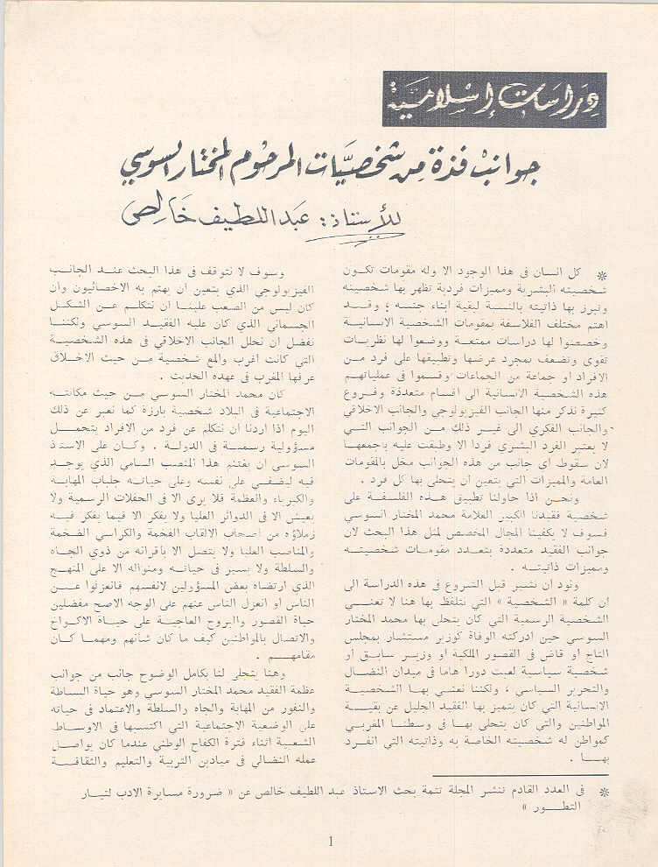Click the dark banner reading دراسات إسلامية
493,100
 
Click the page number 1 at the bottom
330,842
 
